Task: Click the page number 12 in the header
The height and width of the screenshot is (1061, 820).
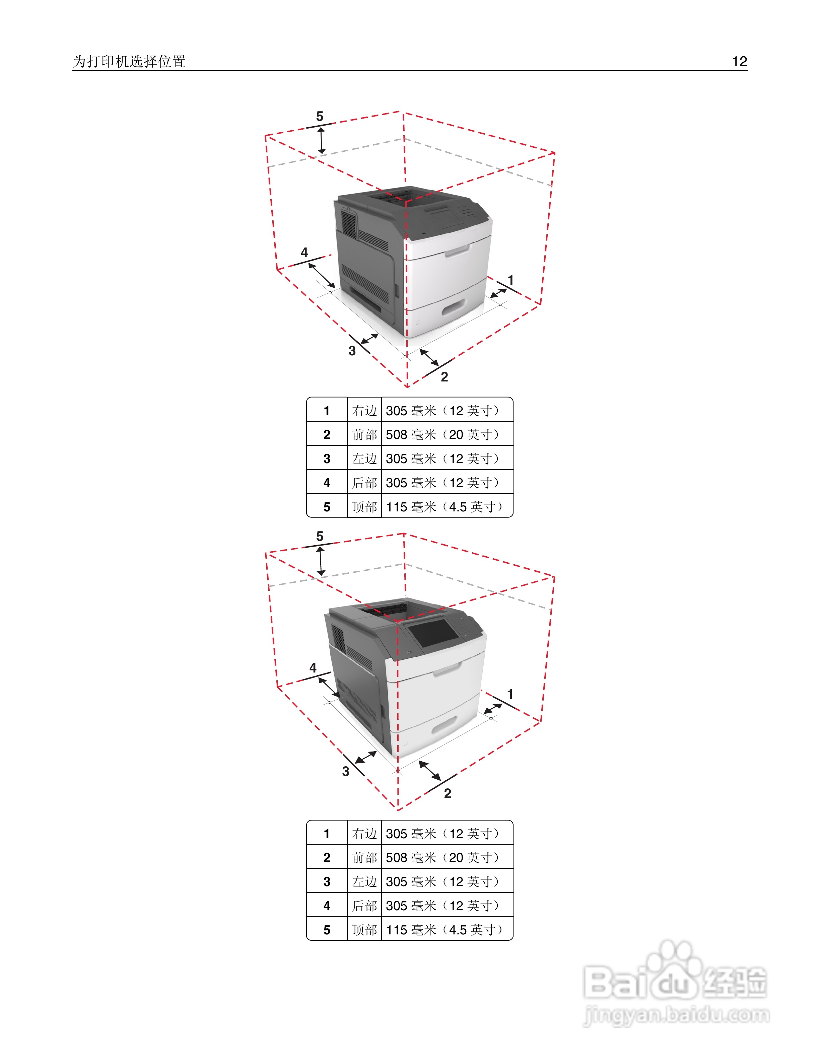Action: pos(739,62)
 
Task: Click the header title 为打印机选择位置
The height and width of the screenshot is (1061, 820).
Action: pos(129,62)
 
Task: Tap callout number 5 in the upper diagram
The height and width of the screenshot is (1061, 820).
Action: pos(319,117)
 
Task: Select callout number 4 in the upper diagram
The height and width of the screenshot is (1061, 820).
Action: pos(304,253)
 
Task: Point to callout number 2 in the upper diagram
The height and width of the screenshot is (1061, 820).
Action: pos(444,377)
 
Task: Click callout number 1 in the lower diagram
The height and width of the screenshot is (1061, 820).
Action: pos(510,694)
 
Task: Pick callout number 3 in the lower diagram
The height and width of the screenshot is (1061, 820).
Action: pos(345,771)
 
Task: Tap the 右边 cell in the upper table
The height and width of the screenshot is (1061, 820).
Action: pos(364,411)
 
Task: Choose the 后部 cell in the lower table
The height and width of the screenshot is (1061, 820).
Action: pos(364,906)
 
